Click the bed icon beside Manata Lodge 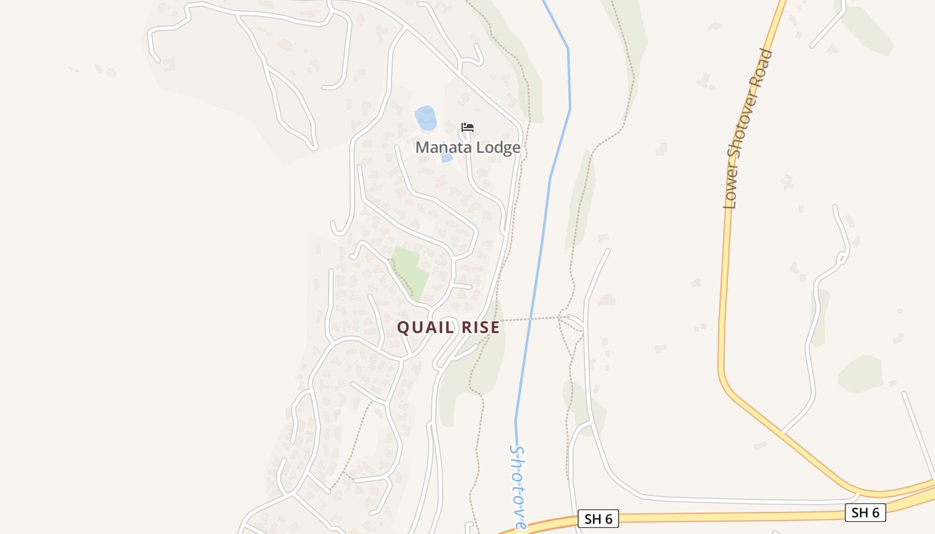pyautogui.click(x=467, y=127)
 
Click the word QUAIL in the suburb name pyautogui.click(x=424, y=328)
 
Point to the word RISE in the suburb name pyautogui.click(x=477, y=328)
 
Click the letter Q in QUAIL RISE pyautogui.click(x=404, y=328)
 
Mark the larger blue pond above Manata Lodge pyautogui.click(x=425, y=118)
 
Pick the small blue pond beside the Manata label pyautogui.click(x=447, y=158)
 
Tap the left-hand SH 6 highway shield pyautogui.click(x=598, y=519)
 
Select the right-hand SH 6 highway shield pyautogui.click(x=866, y=513)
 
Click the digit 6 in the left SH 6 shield pyautogui.click(x=607, y=519)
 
